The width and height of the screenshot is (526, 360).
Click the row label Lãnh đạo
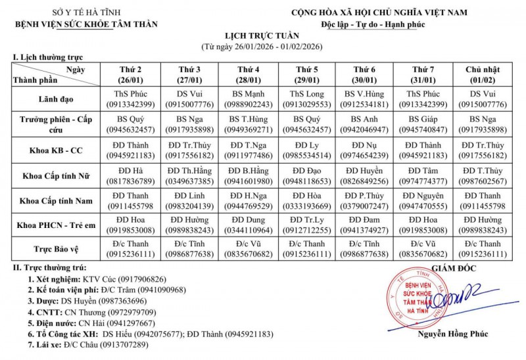[56, 99]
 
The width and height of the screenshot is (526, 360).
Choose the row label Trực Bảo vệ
[56, 248]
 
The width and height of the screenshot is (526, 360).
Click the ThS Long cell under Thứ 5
[307, 99]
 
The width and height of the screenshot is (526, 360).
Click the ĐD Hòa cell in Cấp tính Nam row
[307, 200]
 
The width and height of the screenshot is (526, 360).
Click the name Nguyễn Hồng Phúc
[452, 334]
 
